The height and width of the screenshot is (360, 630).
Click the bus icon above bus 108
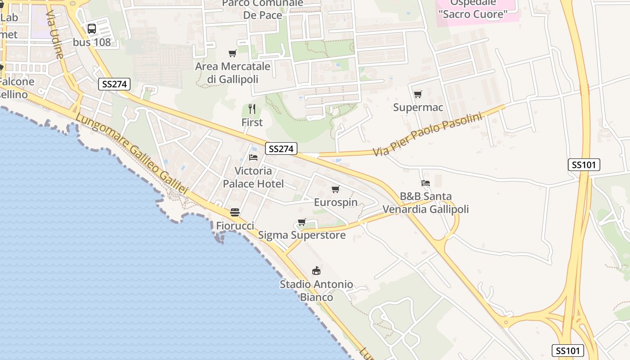(x=92, y=29)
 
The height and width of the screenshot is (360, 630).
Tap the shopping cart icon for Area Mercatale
(x=233, y=54)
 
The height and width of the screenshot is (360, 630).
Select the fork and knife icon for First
(x=252, y=109)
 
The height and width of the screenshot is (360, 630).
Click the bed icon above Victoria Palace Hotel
(x=253, y=157)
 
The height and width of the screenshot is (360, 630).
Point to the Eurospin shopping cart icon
(x=335, y=189)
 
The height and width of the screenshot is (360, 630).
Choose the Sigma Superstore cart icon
(x=302, y=222)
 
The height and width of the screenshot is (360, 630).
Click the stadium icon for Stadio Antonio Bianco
(x=316, y=271)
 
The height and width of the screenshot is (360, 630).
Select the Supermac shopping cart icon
(x=418, y=94)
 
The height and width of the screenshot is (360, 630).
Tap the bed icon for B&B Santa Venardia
(x=425, y=183)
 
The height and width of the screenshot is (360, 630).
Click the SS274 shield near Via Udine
(x=114, y=84)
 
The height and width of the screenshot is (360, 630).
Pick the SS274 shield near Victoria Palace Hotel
(x=281, y=149)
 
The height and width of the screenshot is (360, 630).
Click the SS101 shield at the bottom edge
(x=568, y=351)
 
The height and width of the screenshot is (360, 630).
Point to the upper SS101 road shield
(x=584, y=165)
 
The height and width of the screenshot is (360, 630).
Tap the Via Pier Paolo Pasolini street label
(x=427, y=134)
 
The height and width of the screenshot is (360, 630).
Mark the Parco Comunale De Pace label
(x=263, y=9)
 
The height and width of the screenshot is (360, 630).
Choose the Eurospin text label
(x=336, y=202)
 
